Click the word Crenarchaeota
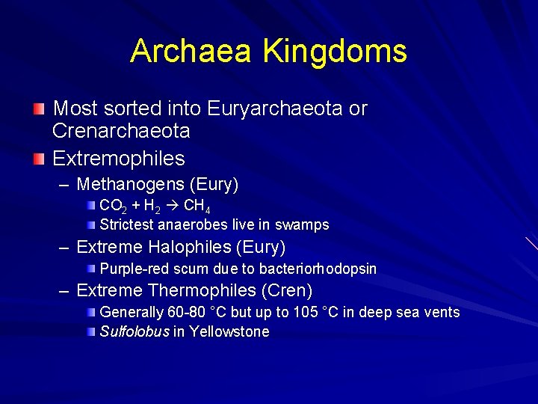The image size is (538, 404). [x=121, y=131]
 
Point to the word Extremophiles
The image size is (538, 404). [x=119, y=159]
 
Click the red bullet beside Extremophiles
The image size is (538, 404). [x=39, y=159]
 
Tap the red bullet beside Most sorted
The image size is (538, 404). [x=39, y=109]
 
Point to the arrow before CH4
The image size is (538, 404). [x=173, y=205]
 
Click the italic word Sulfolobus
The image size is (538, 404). [x=134, y=331]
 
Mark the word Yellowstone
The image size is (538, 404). [x=229, y=331]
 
